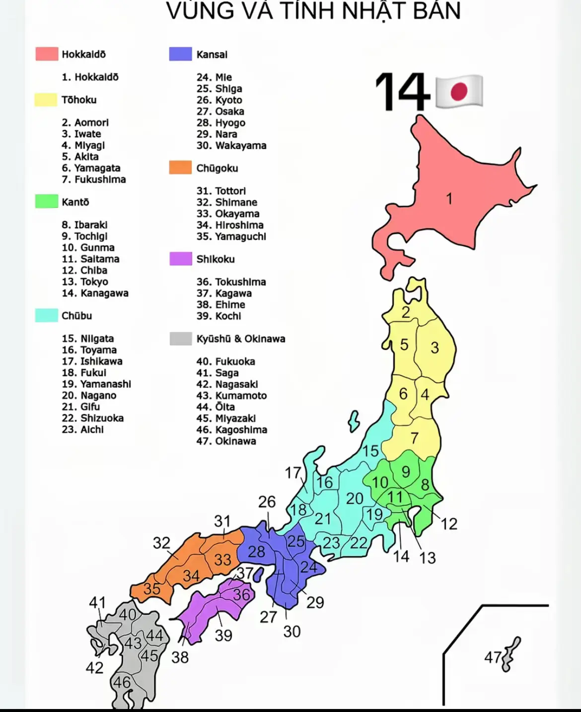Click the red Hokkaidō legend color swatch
pos(47,54)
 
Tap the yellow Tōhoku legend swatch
pos(46,99)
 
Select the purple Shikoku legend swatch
pos(180,259)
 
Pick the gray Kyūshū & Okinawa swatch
pos(180,339)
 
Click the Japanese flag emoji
pos(459,91)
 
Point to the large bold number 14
pos(402,91)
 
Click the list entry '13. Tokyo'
pos(85,282)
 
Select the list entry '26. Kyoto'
pos(219,100)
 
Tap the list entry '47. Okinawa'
pos(226,441)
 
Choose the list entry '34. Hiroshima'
pos(230,225)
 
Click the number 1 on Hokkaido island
pos(449,199)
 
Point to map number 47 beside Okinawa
pos(493,657)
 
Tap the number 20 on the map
pos(355,498)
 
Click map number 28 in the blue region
pos(256,551)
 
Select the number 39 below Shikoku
pos(223,635)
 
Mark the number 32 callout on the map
pos(161,542)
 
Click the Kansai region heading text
pos(212,54)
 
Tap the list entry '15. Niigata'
pos(88,339)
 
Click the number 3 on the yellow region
pos(435,348)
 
